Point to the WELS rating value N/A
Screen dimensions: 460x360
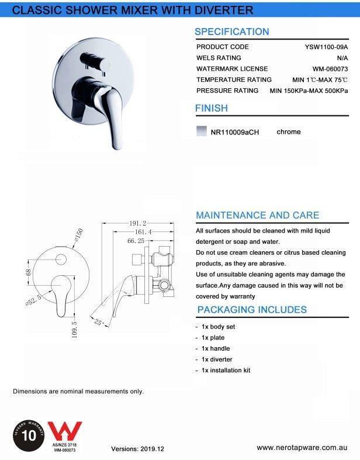[342, 58]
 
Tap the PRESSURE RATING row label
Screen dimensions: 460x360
[227, 91]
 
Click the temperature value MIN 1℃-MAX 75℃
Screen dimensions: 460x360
[320, 79]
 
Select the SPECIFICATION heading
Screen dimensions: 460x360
[232, 32]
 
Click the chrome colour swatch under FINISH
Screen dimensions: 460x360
[201, 132]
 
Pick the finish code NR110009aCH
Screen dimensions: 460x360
[234, 133]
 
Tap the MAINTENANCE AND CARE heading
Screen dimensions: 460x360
[257, 215]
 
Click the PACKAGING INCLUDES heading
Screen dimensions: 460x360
[252, 309]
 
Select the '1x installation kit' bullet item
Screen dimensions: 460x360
[226, 371]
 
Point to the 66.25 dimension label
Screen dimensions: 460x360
[136, 240]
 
